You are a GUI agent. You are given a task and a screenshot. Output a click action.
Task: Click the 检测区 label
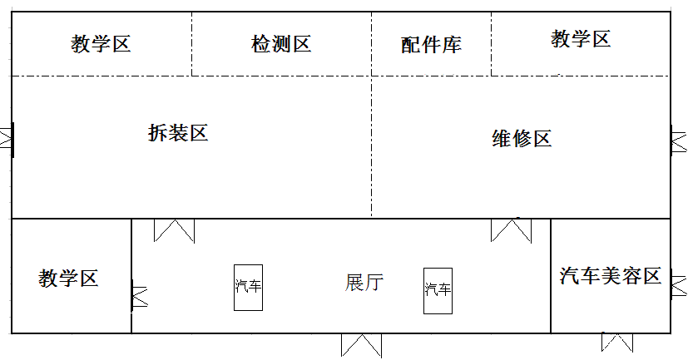(x=281, y=44)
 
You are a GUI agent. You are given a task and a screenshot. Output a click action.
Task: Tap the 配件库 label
(x=431, y=45)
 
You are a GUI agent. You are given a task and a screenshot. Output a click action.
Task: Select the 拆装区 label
(x=177, y=132)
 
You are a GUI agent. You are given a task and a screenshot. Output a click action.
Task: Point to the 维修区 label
(x=522, y=139)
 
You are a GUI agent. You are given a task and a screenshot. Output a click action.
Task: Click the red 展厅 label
(x=364, y=283)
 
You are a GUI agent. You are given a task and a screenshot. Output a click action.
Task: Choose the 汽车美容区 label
(x=611, y=276)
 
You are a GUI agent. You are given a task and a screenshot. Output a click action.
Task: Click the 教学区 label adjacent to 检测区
(x=101, y=44)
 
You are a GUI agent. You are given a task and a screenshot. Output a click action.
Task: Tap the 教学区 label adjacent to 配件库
(x=581, y=38)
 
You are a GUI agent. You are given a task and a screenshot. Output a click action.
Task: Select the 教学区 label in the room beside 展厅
(x=68, y=278)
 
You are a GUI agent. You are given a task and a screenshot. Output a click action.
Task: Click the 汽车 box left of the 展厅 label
(x=248, y=288)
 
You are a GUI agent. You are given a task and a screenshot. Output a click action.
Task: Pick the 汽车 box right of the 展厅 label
(x=438, y=290)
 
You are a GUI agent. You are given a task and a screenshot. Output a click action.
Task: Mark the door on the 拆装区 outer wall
(x=7, y=138)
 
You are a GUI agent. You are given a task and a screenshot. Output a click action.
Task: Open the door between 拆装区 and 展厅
(x=174, y=230)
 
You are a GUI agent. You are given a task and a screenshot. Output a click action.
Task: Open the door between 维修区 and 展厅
(x=511, y=229)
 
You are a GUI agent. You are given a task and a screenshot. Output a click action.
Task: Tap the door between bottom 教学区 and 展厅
(x=137, y=296)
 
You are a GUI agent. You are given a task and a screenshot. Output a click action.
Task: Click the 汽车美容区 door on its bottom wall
(x=616, y=342)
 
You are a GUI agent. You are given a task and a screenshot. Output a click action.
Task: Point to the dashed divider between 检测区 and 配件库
(x=372, y=44)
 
